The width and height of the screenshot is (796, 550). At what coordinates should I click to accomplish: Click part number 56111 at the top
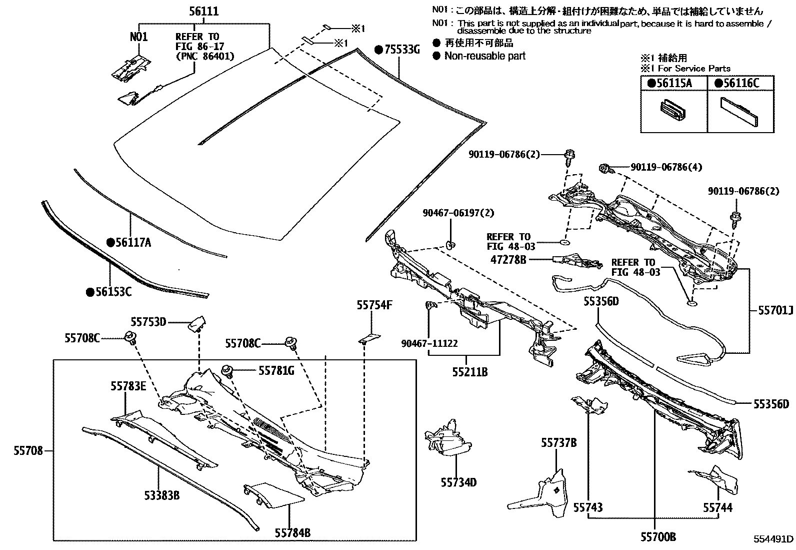pyautogui.click(x=203, y=12)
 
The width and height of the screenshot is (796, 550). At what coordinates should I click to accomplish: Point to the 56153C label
pyautogui.click(x=109, y=292)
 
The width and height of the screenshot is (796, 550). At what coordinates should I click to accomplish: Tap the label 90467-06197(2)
pyautogui.click(x=457, y=213)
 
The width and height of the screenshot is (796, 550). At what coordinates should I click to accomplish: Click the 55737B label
pyautogui.click(x=558, y=443)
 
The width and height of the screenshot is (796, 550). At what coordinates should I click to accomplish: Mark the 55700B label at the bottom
pyautogui.click(x=657, y=537)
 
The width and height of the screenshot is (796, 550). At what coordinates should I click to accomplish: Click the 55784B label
pyautogui.click(x=292, y=533)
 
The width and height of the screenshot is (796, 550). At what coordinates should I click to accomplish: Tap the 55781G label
pyautogui.click(x=276, y=370)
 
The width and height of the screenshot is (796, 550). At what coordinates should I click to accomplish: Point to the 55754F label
pyautogui.click(x=375, y=305)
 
